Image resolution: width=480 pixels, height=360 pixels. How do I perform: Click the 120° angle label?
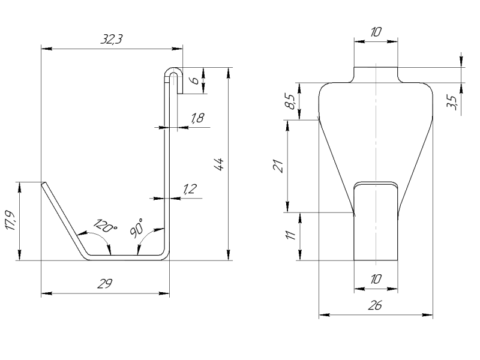(x=105, y=227)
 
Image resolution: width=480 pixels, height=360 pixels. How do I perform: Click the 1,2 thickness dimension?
(x=189, y=190)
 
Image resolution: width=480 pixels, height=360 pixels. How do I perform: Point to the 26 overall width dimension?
(x=374, y=305)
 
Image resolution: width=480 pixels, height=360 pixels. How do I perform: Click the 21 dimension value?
(x=278, y=165)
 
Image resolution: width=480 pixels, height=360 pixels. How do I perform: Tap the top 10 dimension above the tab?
(x=375, y=32)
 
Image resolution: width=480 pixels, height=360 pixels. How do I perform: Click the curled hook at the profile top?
(x=173, y=74)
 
